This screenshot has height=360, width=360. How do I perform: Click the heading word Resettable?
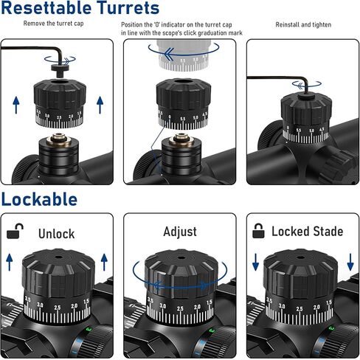[x=46, y=8]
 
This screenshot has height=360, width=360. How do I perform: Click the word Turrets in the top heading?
[x=128, y=8]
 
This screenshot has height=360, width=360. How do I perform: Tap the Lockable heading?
[x=39, y=199]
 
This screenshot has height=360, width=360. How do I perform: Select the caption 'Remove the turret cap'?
[x=53, y=24]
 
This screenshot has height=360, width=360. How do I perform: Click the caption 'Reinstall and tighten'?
[x=303, y=24]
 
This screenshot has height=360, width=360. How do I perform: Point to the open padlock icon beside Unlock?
[x=15, y=231]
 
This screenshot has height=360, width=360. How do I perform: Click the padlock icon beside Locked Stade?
[x=258, y=231]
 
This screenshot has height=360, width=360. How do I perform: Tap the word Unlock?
[x=57, y=233]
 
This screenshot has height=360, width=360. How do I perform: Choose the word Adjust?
[x=180, y=232]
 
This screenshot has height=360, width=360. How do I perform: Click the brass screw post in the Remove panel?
[x=58, y=139]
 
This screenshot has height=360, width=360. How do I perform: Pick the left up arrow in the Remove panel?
[x=16, y=105]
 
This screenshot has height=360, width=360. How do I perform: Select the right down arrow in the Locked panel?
[x=350, y=262]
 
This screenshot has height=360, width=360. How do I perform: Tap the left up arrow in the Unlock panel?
[x=10, y=263]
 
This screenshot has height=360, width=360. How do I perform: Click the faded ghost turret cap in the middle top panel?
[x=183, y=55]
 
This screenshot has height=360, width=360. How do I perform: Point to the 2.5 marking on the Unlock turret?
[x=57, y=308]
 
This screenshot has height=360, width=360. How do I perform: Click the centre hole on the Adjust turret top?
[x=181, y=258]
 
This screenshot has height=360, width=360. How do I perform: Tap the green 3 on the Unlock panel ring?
[x=89, y=330]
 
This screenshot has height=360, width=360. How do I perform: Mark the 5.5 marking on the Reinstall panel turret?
[x=299, y=130]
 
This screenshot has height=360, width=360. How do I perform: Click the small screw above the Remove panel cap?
[x=60, y=69]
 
